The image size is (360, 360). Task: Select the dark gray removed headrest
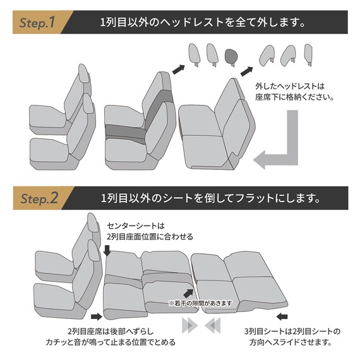click(232, 56)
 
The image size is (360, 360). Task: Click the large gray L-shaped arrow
click(284, 145)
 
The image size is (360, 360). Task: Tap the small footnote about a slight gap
click(200, 303)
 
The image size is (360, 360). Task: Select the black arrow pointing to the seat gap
click(188, 292)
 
